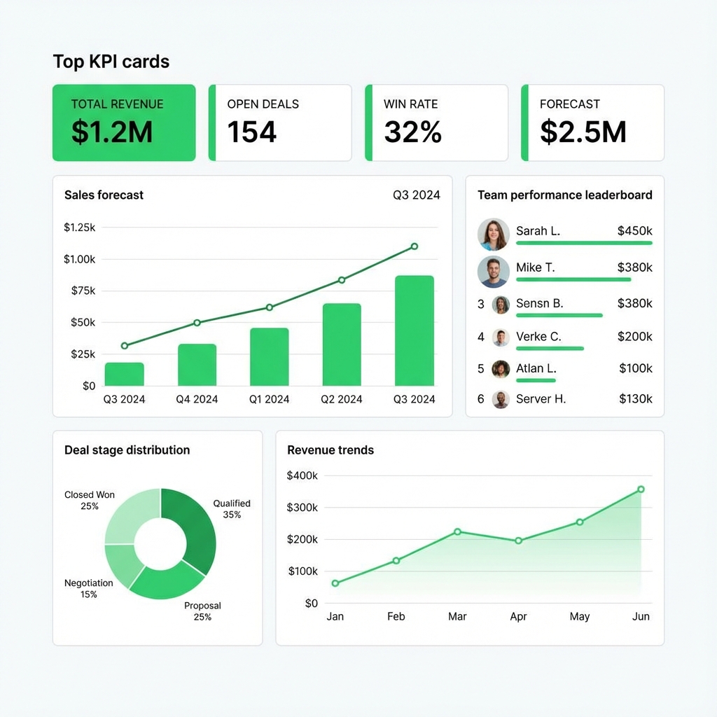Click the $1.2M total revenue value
(112, 132)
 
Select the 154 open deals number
(252, 132)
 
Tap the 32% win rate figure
(412, 132)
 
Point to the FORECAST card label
(569, 104)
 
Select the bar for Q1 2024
(269, 357)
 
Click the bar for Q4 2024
(197, 365)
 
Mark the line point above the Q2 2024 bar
(342, 280)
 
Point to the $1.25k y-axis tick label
(79, 227)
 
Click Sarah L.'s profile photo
(494, 235)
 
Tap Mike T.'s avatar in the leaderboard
(494, 272)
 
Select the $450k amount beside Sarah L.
(634, 230)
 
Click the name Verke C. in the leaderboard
(538, 337)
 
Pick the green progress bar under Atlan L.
(536, 380)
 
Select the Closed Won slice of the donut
(130, 514)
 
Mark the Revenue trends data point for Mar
(457, 531)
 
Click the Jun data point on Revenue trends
(641, 489)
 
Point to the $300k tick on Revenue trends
(302, 508)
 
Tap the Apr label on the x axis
(518, 617)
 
